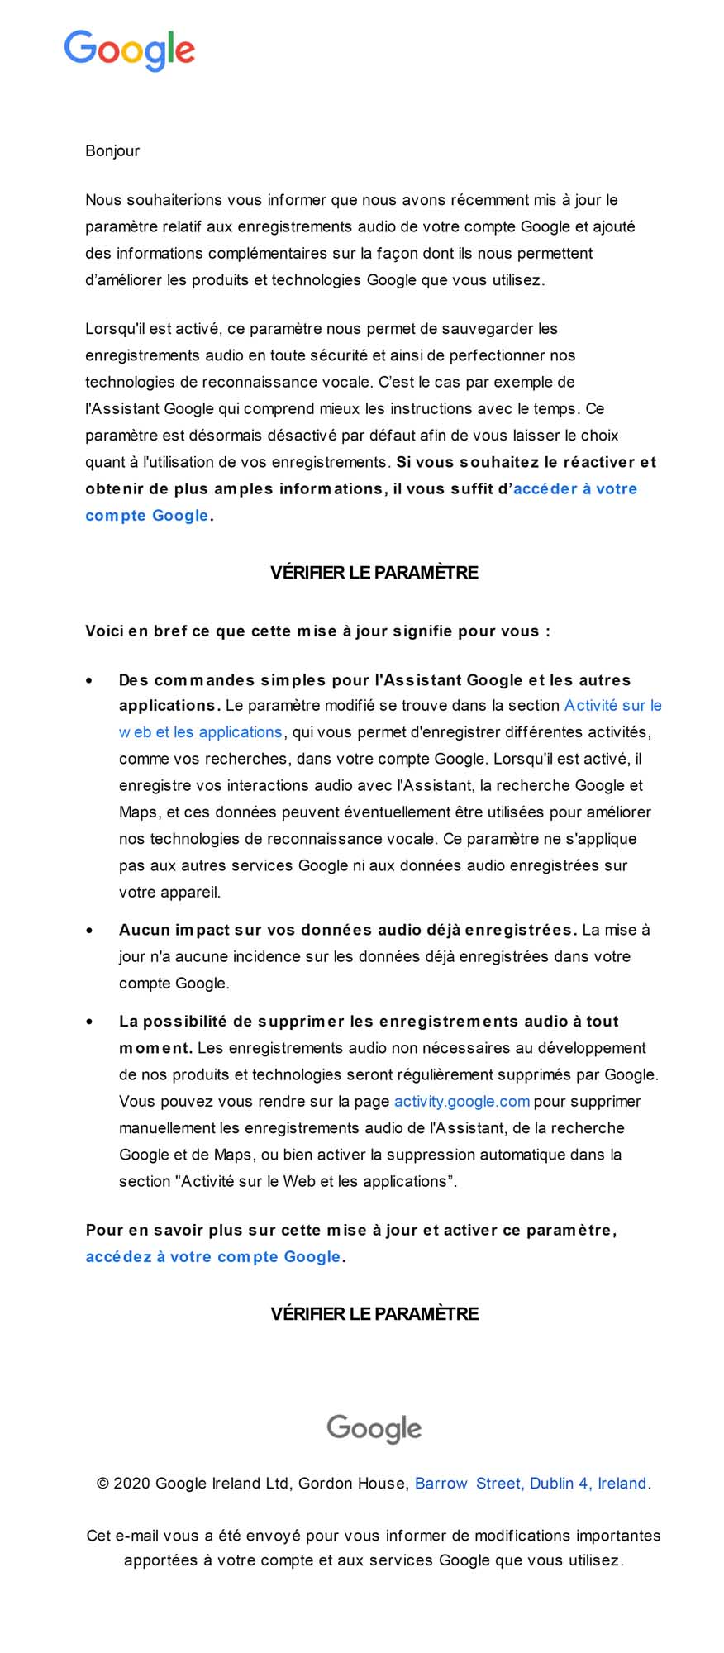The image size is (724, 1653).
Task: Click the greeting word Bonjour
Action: coord(112,150)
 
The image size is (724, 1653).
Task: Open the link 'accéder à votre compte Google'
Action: coord(574,488)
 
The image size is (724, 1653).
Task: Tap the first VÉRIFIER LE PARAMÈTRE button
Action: coord(374,572)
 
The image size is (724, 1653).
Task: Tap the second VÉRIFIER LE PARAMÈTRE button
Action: coord(374,1313)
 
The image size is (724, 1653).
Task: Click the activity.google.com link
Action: coord(461,1101)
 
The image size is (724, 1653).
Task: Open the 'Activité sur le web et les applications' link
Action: coord(612,705)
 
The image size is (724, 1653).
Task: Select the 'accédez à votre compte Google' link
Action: coord(213,1256)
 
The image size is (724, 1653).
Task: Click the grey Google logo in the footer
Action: coord(374,1427)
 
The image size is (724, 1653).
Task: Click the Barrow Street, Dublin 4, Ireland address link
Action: coord(531,1483)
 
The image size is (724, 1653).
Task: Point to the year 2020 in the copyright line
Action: coord(131,1483)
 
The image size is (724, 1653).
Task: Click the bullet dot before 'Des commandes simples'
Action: coord(89,680)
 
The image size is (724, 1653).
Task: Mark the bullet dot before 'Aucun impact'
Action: coord(89,930)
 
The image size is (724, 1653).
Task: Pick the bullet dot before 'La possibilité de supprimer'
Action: coord(89,1022)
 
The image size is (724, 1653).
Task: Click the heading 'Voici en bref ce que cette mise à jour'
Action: coord(317,631)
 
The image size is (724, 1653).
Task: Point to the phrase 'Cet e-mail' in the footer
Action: coord(122,1535)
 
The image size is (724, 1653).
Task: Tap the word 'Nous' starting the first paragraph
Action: coord(102,199)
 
